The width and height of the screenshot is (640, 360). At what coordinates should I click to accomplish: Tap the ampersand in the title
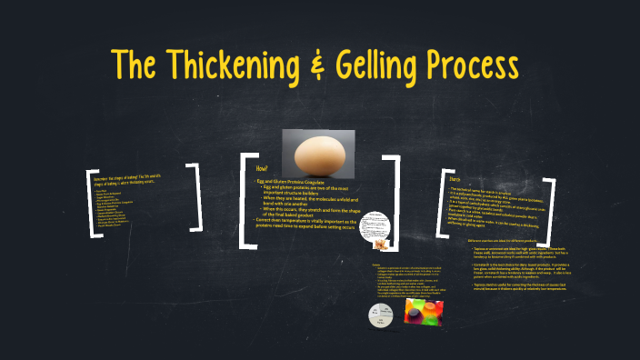coord(320,63)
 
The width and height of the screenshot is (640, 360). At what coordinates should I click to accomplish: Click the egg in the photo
coord(318,152)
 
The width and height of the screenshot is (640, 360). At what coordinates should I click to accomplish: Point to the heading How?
coord(263,169)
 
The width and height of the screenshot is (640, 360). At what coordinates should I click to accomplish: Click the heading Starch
coord(457,178)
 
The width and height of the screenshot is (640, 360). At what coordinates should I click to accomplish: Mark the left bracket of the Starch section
coord(445,205)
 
